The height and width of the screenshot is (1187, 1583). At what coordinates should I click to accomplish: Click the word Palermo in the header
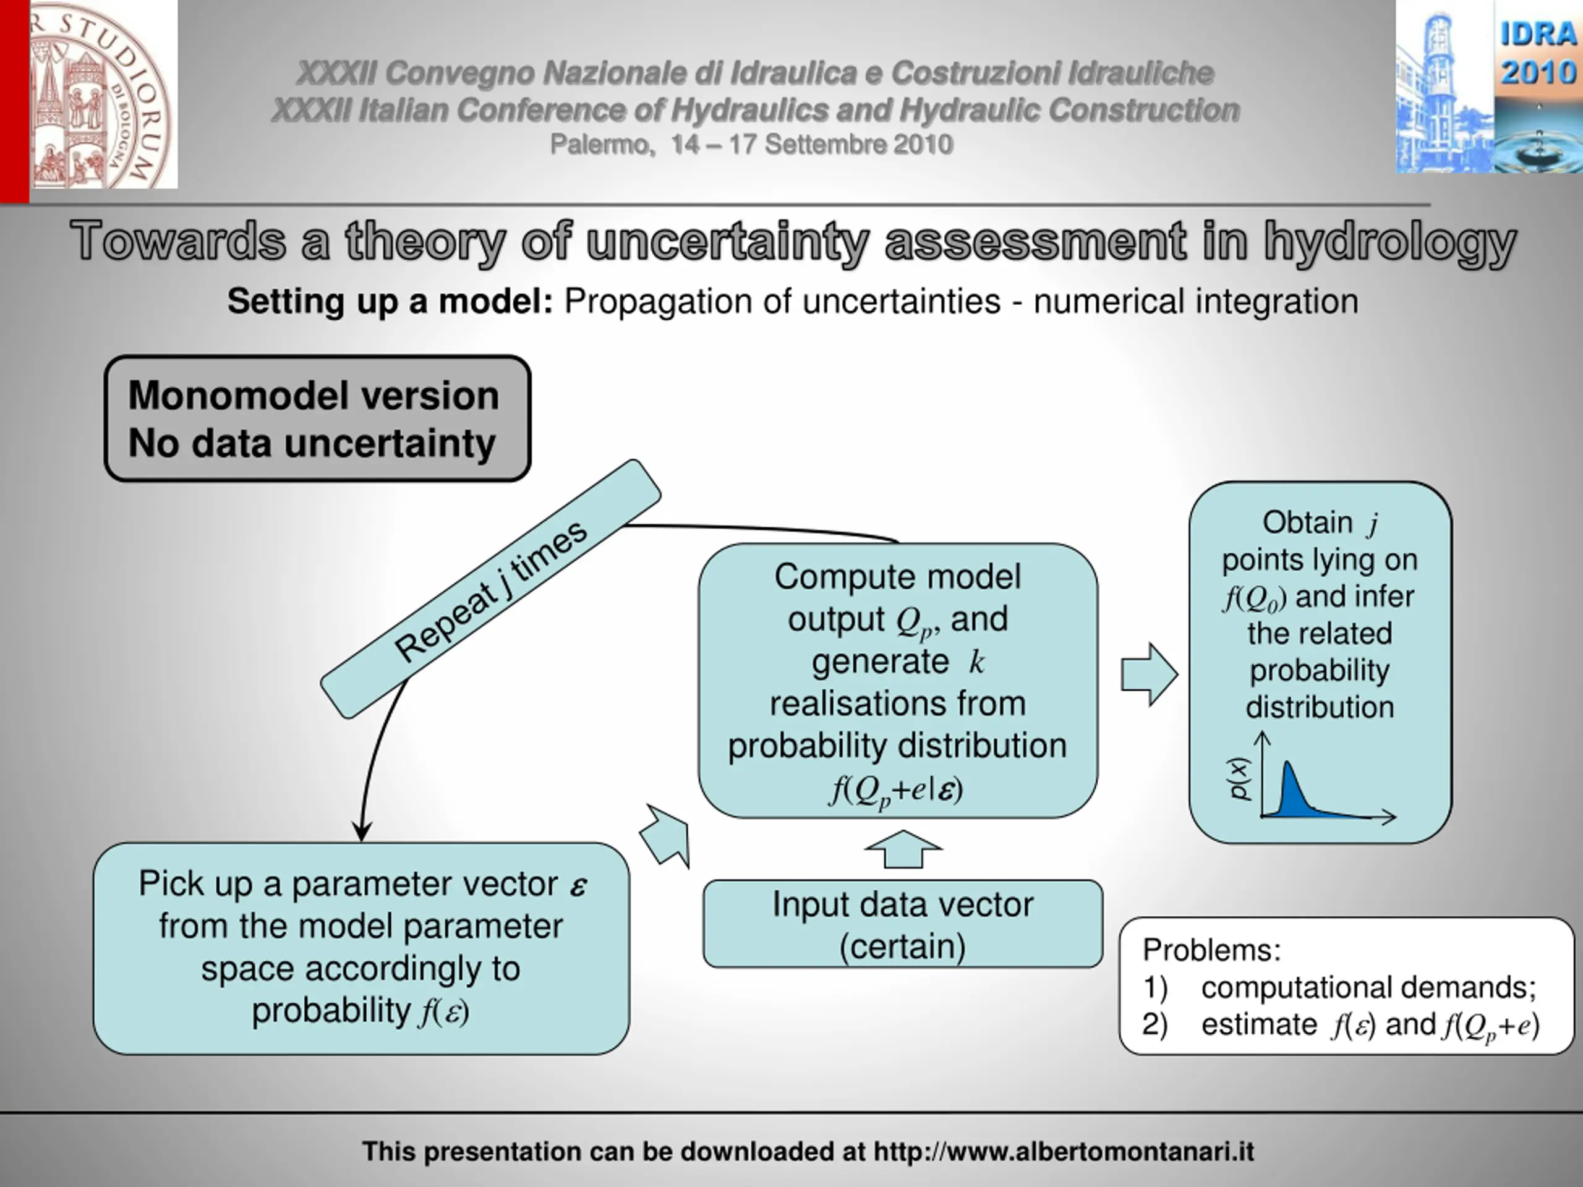click(x=600, y=145)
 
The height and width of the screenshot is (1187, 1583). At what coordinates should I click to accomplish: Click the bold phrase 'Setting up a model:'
click(x=390, y=301)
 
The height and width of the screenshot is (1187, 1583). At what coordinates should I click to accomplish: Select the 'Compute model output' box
click(x=897, y=679)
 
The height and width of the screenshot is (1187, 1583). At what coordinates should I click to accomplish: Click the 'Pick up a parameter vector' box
click(x=361, y=948)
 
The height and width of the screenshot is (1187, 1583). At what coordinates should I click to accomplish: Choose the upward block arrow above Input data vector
click(x=903, y=849)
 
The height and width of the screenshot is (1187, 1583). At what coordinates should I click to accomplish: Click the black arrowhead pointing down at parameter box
click(x=362, y=832)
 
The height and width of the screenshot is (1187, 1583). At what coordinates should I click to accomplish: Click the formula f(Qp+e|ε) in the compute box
click(x=896, y=790)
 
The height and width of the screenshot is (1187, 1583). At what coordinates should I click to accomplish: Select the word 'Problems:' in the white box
click(x=1211, y=950)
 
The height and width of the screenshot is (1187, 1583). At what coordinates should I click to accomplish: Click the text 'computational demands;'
click(x=1368, y=987)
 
